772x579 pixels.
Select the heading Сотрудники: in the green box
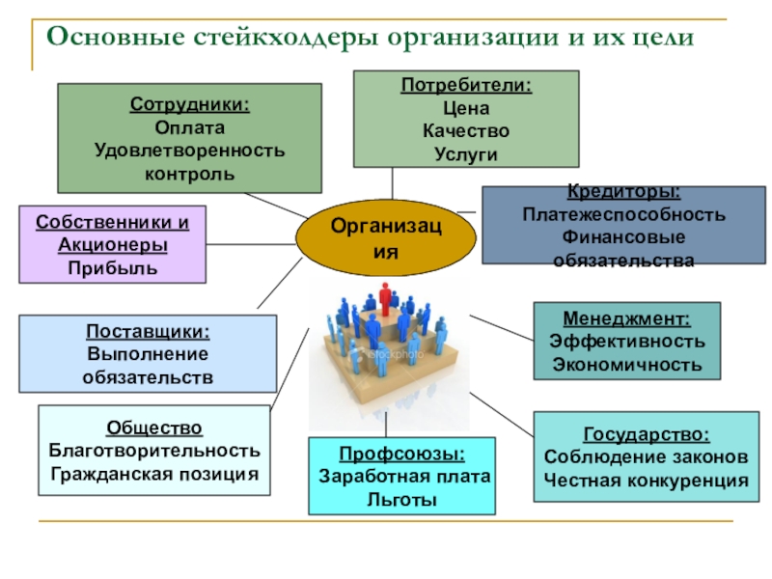190,104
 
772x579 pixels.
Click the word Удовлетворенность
189,151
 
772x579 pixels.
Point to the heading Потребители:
466,85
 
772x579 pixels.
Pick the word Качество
466,130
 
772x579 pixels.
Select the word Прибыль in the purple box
113,267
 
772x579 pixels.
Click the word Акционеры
113,245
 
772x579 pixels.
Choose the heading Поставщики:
148,331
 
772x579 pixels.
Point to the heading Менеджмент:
626,318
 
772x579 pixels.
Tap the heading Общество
154,428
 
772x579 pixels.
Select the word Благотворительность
154,451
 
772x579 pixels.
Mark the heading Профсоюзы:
401,454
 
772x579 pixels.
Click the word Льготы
401,499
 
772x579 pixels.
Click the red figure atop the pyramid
389,297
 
